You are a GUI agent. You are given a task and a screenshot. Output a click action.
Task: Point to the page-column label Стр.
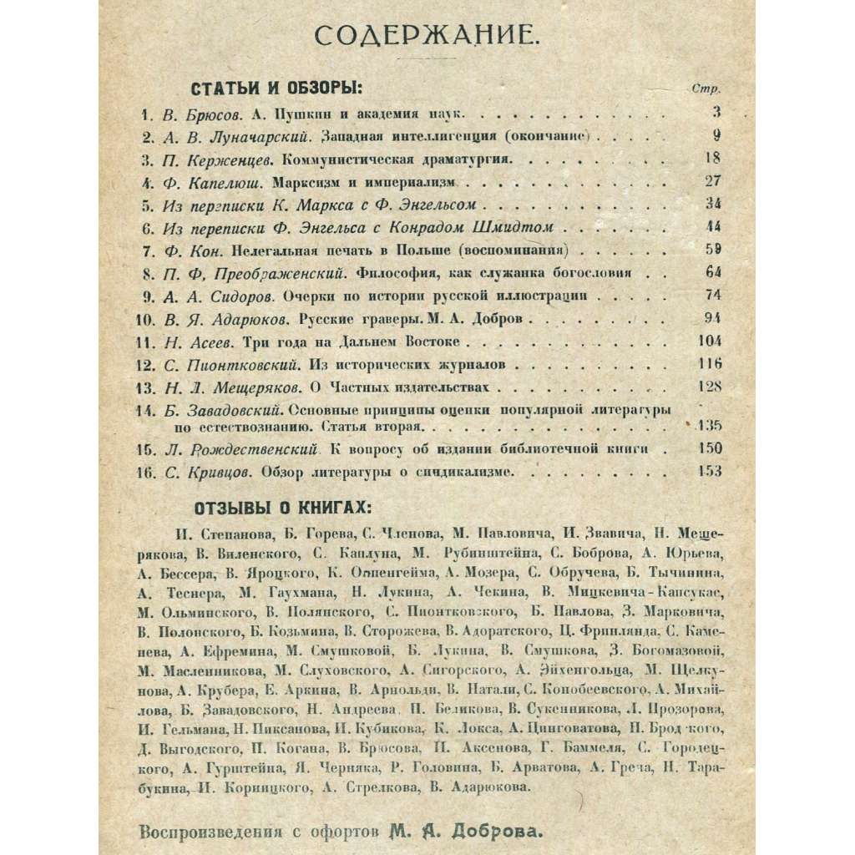click(707, 89)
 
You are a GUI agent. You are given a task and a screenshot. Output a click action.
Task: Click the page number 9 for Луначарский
click(716, 134)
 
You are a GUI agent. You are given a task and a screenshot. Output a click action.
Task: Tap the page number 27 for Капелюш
click(712, 180)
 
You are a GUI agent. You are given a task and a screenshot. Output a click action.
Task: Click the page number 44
click(711, 225)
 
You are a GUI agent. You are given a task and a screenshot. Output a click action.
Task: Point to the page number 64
click(711, 272)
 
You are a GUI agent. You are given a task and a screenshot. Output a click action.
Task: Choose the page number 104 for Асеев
click(709, 341)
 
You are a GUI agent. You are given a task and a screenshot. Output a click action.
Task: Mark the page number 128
click(709, 387)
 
